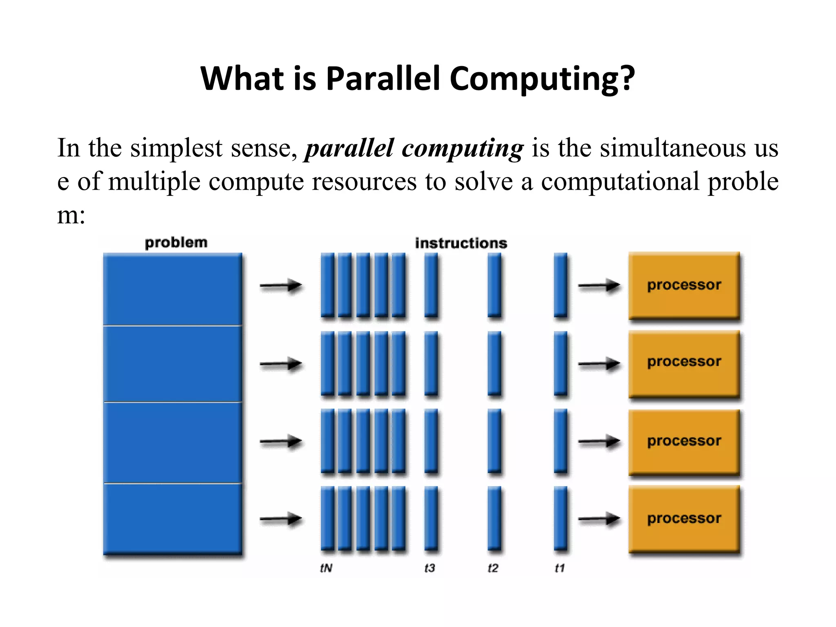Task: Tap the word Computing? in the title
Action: pyautogui.click(x=543, y=79)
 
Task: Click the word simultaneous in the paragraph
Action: pyautogui.click(x=672, y=148)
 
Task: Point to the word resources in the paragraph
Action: pyautogui.click(x=364, y=181)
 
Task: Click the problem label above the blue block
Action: pyautogui.click(x=176, y=242)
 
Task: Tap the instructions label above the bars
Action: pyautogui.click(x=461, y=243)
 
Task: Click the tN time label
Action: pyautogui.click(x=326, y=568)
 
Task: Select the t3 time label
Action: pyautogui.click(x=430, y=568)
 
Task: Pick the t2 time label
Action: pyautogui.click(x=493, y=568)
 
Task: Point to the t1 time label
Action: pyautogui.click(x=560, y=568)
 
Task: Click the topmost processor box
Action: pyautogui.click(x=684, y=285)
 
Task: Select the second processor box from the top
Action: pyautogui.click(x=684, y=362)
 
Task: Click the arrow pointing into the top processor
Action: pyautogui.click(x=599, y=286)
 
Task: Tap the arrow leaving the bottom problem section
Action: pyautogui.click(x=281, y=519)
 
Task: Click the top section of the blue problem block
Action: pyautogui.click(x=172, y=289)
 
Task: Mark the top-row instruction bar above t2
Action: pyautogui.click(x=494, y=285)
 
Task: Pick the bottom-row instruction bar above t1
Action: pyautogui.click(x=560, y=518)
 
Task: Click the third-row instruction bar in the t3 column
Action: pyautogui.click(x=431, y=441)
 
